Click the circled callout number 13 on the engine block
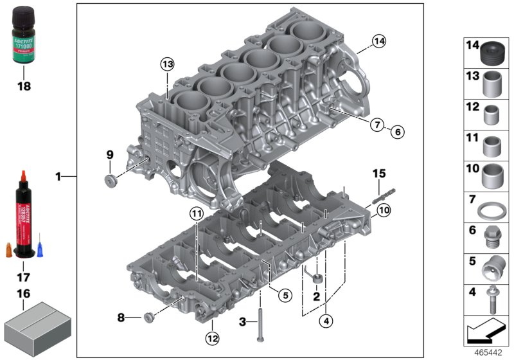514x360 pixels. pos(167,64)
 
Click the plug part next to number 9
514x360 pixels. pos(111,177)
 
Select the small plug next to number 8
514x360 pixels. pos(150,316)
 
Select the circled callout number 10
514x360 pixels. pos(384,210)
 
